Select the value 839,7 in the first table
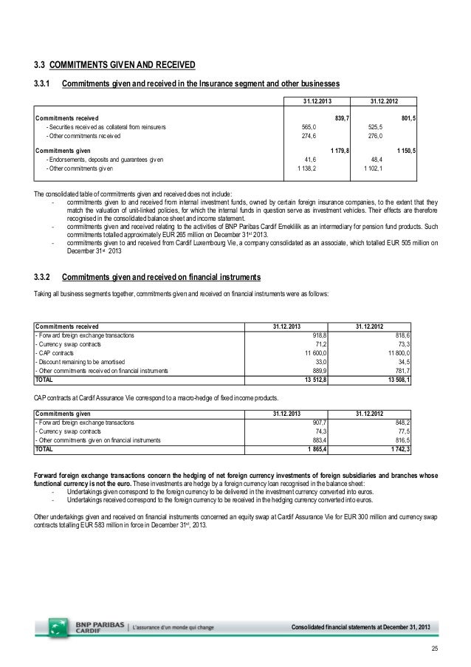click(342, 117)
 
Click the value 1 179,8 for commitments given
click(340, 150)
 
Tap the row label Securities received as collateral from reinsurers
click(106, 127)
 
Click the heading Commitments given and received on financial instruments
click(161, 278)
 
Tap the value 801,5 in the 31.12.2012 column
click(408, 117)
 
